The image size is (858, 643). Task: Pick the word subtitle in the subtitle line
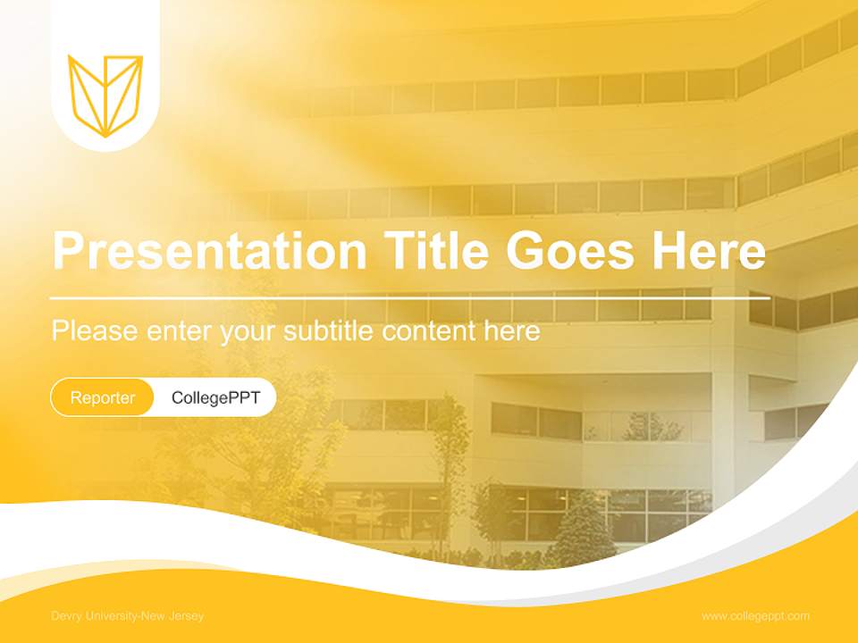pos(330,331)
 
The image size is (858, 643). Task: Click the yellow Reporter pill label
pos(103,397)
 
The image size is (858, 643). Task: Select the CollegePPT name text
pos(215,397)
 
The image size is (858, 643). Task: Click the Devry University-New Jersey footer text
pos(127,616)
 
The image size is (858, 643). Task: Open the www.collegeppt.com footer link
pos(755,616)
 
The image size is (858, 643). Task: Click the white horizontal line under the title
pos(410,297)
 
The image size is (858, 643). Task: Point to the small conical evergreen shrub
pos(584,530)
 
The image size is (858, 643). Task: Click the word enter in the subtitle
pos(178,331)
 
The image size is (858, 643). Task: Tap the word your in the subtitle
pos(248,331)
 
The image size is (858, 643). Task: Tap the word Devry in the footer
pos(65,616)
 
